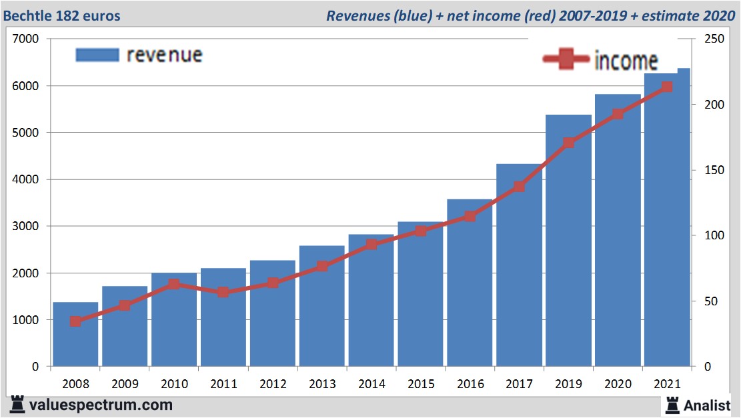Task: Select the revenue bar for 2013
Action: (x=321, y=307)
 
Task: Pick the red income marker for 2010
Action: (x=174, y=284)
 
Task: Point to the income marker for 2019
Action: (x=568, y=143)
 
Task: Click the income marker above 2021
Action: (x=666, y=87)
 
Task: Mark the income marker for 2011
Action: (x=223, y=292)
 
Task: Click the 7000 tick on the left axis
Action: (x=26, y=39)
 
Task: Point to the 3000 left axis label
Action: (x=26, y=226)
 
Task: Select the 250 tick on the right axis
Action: (x=710, y=39)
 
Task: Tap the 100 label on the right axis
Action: (x=710, y=235)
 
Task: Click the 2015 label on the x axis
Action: (x=420, y=385)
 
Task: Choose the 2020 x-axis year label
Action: (x=618, y=385)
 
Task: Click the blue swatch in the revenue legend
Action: (x=97, y=55)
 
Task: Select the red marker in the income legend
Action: (x=566, y=60)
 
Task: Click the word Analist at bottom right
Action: (x=707, y=405)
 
